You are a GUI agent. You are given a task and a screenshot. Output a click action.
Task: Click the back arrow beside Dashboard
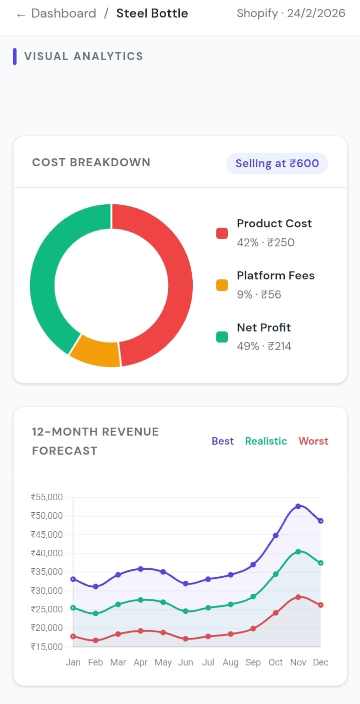[x=21, y=15]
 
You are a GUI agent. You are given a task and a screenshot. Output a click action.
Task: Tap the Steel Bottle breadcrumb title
[x=152, y=14]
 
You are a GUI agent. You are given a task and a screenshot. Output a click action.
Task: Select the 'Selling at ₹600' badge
[x=277, y=163]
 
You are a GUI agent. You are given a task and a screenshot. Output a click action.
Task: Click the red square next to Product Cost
[x=222, y=233]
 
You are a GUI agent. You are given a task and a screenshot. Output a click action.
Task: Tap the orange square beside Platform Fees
[x=222, y=285]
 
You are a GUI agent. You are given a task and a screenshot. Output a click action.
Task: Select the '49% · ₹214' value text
[x=264, y=346]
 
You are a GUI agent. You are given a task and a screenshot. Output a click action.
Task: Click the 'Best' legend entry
[x=222, y=441]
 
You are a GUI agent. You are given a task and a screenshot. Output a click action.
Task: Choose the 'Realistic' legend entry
[x=266, y=441]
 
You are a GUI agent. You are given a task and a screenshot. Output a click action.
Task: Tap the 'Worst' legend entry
[x=313, y=441]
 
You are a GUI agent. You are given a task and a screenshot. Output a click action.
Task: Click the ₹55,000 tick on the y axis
[x=47, y=497]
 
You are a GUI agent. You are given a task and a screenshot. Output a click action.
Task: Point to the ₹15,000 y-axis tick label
[x=47, y=646]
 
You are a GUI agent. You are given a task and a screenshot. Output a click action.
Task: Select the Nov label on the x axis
[x=298, y=662]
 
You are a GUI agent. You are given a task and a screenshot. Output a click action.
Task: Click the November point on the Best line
[x=298, y=506]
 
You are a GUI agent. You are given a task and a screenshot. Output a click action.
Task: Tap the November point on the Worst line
[x=298, y=597]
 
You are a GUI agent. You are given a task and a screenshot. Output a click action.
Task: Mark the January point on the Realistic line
[x=73, y=608]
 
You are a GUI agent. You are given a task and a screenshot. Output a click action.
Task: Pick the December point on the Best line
[x=320, y=521]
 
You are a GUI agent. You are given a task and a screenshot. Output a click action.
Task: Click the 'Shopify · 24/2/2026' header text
[x=291, y=14]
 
